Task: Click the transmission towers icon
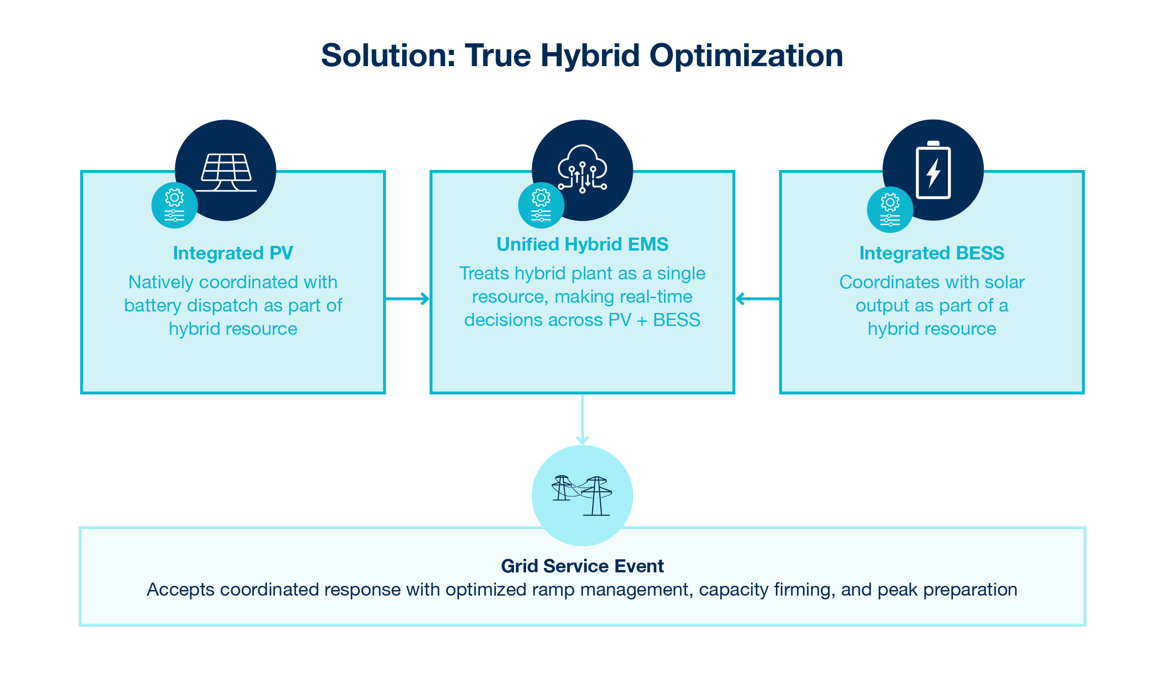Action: (x=582, y=496)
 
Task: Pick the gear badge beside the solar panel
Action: (x=174, y=205)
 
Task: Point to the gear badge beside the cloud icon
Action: (x=541, y=205)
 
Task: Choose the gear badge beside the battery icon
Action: (x=890, y=210)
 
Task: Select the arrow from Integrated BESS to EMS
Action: (x=757, y=299)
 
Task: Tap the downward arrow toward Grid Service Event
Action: (x=582, y=419)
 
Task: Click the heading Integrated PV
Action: (x=233, y=253)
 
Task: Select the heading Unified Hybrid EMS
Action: (x=582, y=244)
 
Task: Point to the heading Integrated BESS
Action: (x=932, y=253)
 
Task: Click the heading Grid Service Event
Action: (x=582, y=566)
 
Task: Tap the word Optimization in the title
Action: (x=746, y=56)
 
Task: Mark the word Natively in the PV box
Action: (x=160, y=282)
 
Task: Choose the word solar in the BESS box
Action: (x=1005, y=282)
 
